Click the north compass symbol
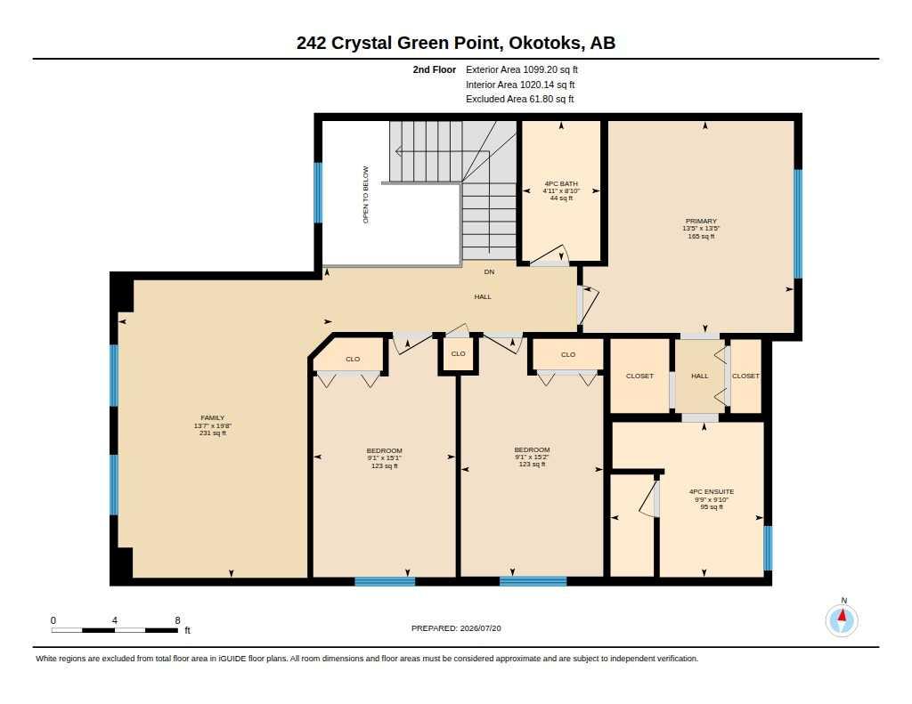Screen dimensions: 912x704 point(842,620)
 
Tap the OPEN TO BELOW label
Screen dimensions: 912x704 point(366,195)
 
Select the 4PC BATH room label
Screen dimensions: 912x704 point(561,183)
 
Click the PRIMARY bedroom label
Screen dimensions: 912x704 point(701,221)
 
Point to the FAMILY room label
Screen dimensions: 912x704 point(212,417)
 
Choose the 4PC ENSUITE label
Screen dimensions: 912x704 point(712,492)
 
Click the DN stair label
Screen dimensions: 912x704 point(489,271)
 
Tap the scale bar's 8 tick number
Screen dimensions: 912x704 point(177,620)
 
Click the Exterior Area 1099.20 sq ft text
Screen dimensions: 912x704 point(522,69)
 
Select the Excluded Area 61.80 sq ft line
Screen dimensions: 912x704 point(520,100)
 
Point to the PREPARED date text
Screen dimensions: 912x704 point(456,628)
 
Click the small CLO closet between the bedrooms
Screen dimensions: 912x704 point(459,353)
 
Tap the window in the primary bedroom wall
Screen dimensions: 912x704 point(798,223)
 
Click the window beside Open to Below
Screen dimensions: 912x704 point(318,192)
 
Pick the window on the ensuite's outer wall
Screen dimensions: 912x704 point(768,548)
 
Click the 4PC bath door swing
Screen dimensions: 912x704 point(550,255)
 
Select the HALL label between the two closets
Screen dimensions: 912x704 point(700,376)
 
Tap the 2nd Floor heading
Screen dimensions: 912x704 point(435,69)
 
